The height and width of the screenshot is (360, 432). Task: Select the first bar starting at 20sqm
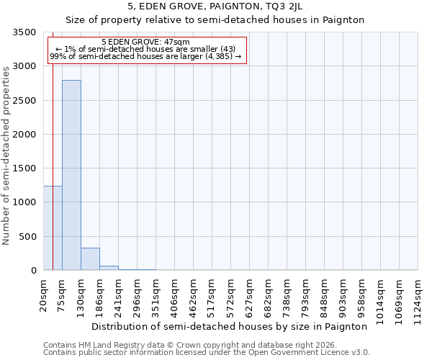[x=53, y=228]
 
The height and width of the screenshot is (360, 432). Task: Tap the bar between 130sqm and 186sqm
[x=90, y=258]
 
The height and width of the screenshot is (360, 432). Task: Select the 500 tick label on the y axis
[x=28, y=237]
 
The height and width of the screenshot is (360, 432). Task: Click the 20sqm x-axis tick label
[x=44, y=294]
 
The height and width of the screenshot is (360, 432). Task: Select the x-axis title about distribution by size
[x=230, y=326]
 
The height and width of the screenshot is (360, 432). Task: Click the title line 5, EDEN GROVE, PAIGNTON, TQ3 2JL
[x=215, y=7]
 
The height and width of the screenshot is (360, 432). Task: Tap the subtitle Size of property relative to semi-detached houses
[x=215, y=20]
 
